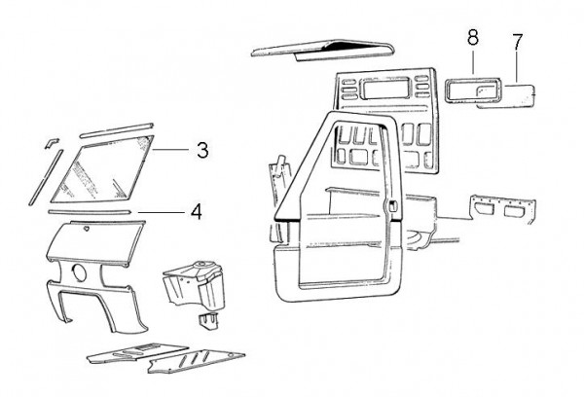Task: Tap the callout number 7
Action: [x=517, y=42]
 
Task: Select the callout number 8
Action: [x=472, y=38]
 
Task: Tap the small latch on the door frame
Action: [x=390, y=206]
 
